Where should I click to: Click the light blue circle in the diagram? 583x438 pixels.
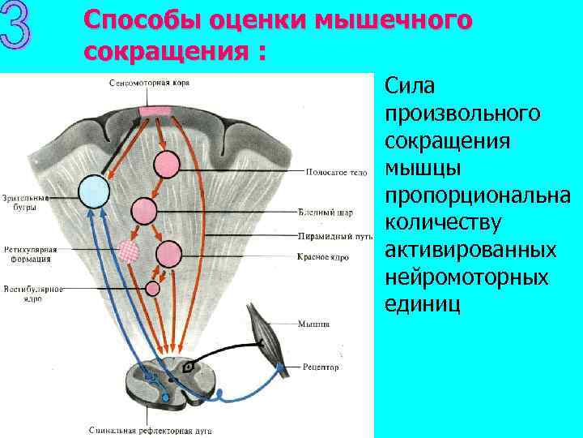coord(93,191)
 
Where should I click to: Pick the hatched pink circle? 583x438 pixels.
coord(130,251)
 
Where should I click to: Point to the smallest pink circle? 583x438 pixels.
coord(153,287)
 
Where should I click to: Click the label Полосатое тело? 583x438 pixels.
coord(337,172)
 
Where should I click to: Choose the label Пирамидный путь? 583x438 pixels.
coord(334,237)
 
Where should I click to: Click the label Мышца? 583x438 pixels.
coord(313,324)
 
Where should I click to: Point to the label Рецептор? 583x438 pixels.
coord(321,367)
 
